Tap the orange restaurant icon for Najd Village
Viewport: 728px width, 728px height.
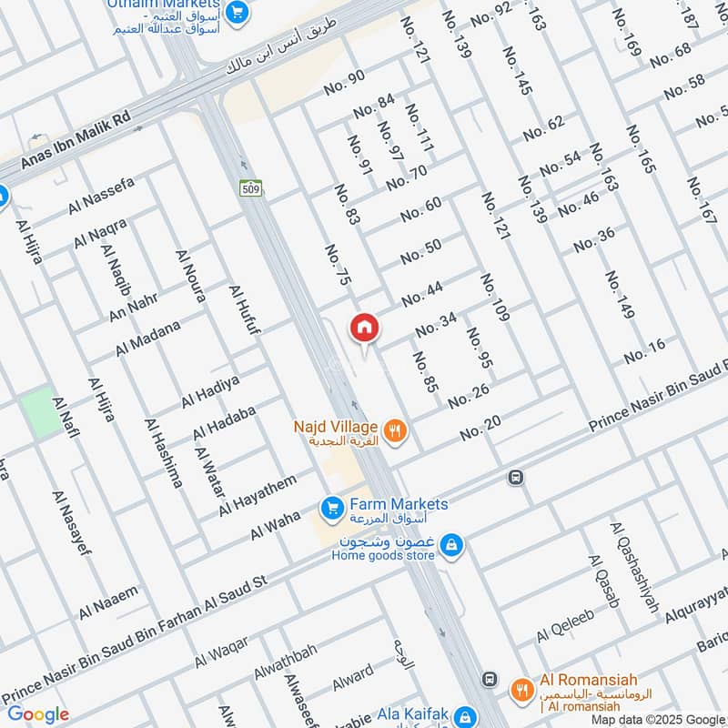click(394, 431)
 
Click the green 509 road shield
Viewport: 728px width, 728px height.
click(250, 188)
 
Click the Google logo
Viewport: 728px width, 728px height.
click(38, 714)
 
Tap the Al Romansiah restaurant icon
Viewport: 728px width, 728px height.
click(521, 689)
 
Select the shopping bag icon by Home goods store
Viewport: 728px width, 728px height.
click(450, 546)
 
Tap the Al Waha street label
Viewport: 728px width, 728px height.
click(275, 525)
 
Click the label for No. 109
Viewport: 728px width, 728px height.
click(494, 297)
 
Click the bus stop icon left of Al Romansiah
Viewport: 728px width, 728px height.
click(490, 680)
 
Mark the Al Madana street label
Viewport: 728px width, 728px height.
click(147, 338)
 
